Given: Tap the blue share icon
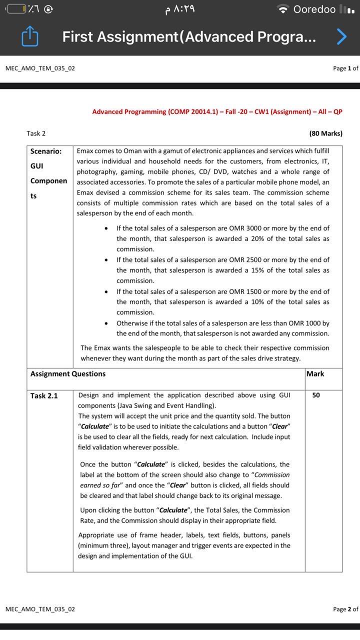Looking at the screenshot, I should tap(30, 36).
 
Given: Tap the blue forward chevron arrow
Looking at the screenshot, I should tap(341, 36).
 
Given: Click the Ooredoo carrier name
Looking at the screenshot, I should tap(314, 9).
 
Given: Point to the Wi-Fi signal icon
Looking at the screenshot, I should tap(283, 9).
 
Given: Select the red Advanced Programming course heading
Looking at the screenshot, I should tap(217, 111).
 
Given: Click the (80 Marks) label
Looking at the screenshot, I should tap(325, 133).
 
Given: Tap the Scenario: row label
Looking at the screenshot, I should tap(46, 151).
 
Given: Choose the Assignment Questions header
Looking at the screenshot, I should tap(68, 373).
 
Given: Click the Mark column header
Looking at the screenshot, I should tap(315, 373).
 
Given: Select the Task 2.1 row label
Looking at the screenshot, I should tap(44, 395).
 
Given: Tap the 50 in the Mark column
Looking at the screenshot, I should tap(316, 395).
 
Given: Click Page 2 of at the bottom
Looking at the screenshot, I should tap(345, 609).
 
